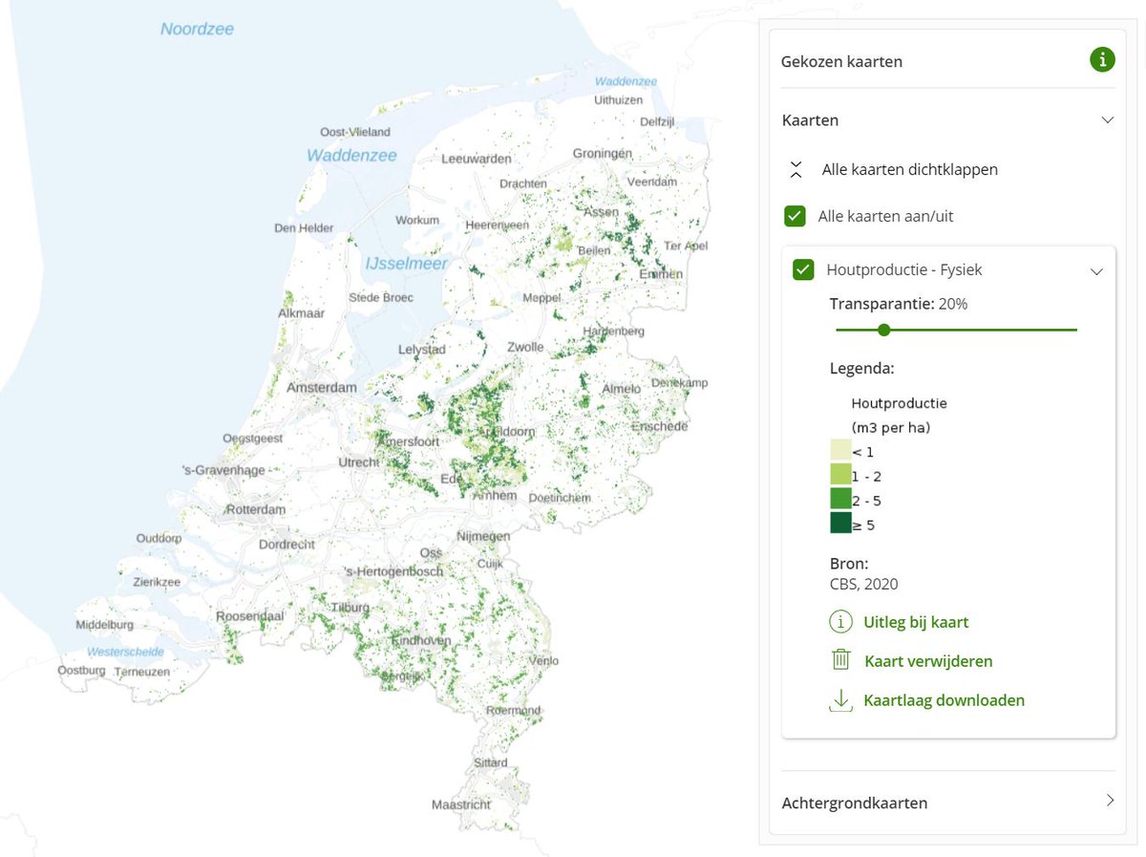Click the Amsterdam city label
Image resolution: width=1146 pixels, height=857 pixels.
(322, 387)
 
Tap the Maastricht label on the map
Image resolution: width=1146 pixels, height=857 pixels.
(461, 804)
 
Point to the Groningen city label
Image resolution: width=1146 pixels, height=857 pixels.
(603, 153)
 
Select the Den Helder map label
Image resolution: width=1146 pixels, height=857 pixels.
(304, 227)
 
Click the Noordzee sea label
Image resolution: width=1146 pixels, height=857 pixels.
(197, 29)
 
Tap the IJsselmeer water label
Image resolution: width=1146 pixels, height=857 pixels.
(406, 263)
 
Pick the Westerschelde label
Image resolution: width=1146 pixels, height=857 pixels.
(125, 652)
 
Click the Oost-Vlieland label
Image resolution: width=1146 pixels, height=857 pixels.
(355, 132)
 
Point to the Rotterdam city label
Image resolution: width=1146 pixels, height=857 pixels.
(256, 509)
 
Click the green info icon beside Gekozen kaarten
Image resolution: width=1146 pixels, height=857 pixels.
(1102, 60)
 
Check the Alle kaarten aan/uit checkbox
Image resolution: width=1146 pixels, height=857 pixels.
(795, 216)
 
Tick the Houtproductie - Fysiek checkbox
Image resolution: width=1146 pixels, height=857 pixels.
(803, 269)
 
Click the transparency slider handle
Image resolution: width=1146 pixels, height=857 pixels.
(883, 330)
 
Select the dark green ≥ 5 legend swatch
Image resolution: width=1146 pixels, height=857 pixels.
(840, 524)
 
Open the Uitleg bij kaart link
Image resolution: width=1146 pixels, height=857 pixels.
(915, 622)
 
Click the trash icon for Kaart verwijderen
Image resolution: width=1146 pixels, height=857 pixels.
(840, 660)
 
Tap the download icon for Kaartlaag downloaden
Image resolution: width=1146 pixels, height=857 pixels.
(840, 700)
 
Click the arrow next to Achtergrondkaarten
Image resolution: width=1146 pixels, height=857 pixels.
(1110, 801)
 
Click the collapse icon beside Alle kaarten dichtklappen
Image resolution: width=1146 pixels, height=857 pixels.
(796, 169)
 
